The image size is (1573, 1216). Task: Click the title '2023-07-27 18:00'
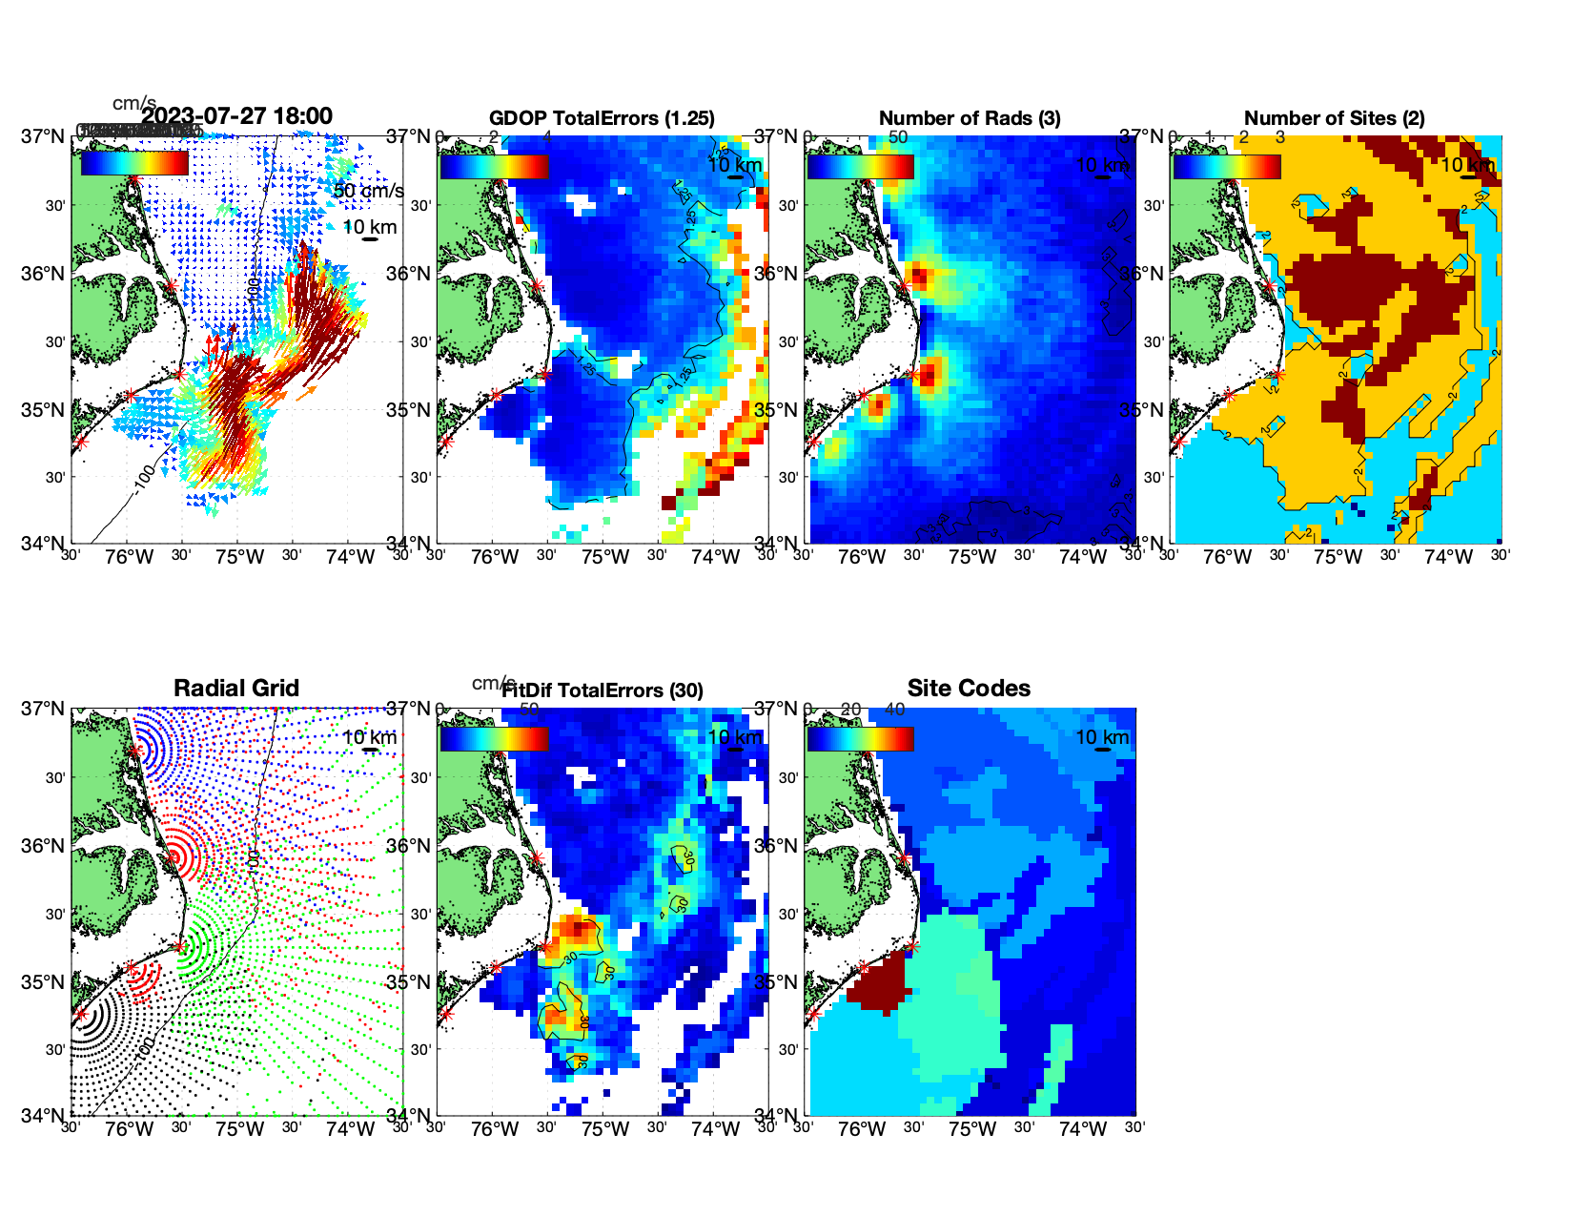pos(236,116)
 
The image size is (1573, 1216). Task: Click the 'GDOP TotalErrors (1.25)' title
pos(602,118)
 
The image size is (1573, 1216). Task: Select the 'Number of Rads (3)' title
pos(970,118)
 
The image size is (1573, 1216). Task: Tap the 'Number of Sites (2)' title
pos(1335,118)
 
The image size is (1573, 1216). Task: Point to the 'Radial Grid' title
pos(236,689)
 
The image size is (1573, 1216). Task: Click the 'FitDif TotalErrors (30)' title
pos(602,690)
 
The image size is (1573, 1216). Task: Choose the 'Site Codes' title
pos(969,689)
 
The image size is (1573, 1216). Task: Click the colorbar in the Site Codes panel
pos(860,738)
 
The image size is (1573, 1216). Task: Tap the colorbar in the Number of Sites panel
pos(1227,166)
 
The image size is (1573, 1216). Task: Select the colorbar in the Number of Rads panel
pos(860,166)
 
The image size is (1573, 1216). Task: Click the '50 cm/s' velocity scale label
pos(368,191)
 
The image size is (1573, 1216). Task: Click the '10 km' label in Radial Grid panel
pos(370,737)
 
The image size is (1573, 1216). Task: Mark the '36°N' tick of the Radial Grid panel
pos(45,846)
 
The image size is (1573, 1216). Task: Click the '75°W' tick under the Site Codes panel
pos(972,1130)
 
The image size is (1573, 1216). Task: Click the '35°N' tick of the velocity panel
pos(45,410)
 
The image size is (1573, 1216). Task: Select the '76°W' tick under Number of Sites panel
pos(1228,558)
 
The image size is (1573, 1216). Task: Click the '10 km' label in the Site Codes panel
pos(1102,737)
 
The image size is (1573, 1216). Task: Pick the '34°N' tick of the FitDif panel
pos(411,1115)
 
